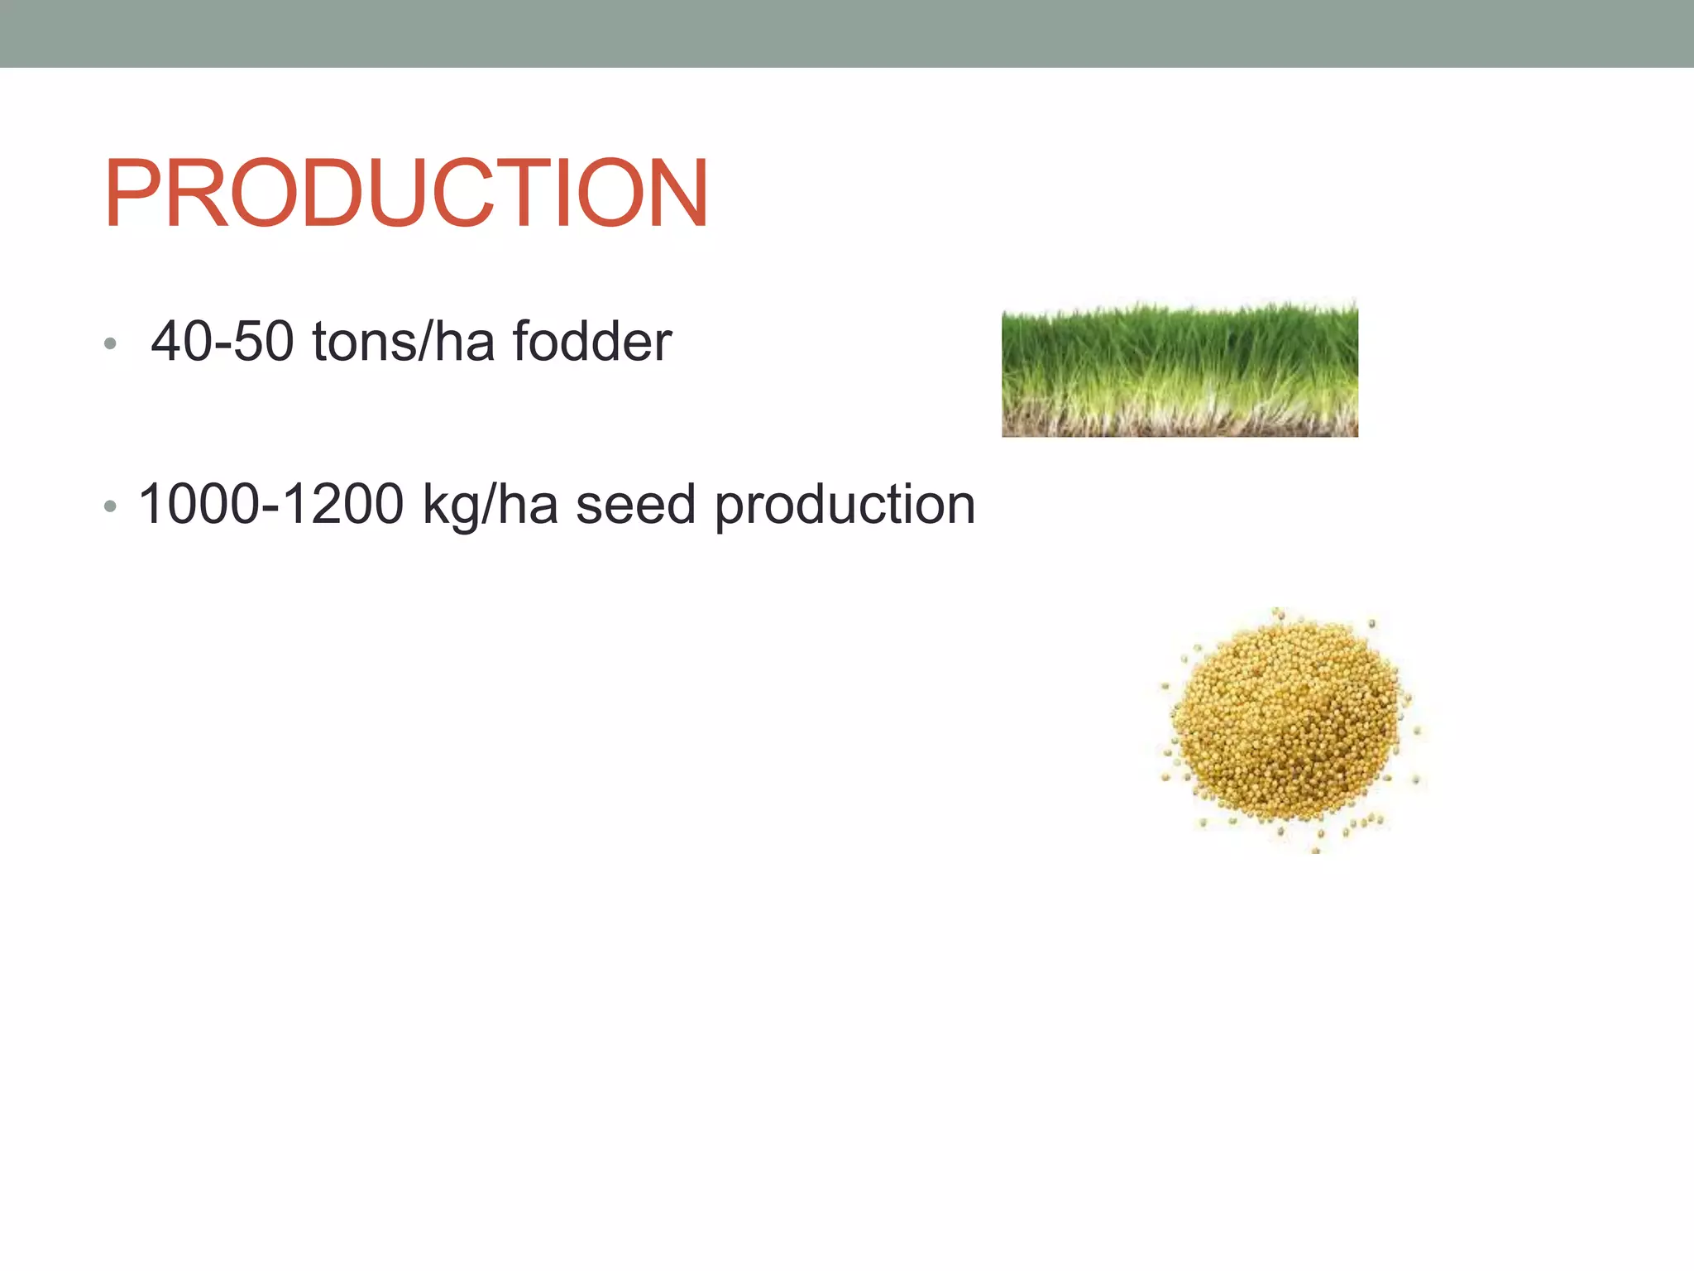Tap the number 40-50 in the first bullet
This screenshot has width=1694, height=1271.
(223, 341)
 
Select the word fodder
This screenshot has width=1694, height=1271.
(592, 341)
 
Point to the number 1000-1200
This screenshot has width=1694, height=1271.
(271, 504)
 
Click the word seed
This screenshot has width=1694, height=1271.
(635, 504)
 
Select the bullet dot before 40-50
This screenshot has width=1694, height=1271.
(110, 343)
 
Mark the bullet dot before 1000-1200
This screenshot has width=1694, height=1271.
(110, 506)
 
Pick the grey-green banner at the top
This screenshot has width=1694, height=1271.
(847, 33)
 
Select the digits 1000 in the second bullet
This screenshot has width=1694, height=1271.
(199, 504)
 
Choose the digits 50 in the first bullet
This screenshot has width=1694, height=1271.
(263, 341)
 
